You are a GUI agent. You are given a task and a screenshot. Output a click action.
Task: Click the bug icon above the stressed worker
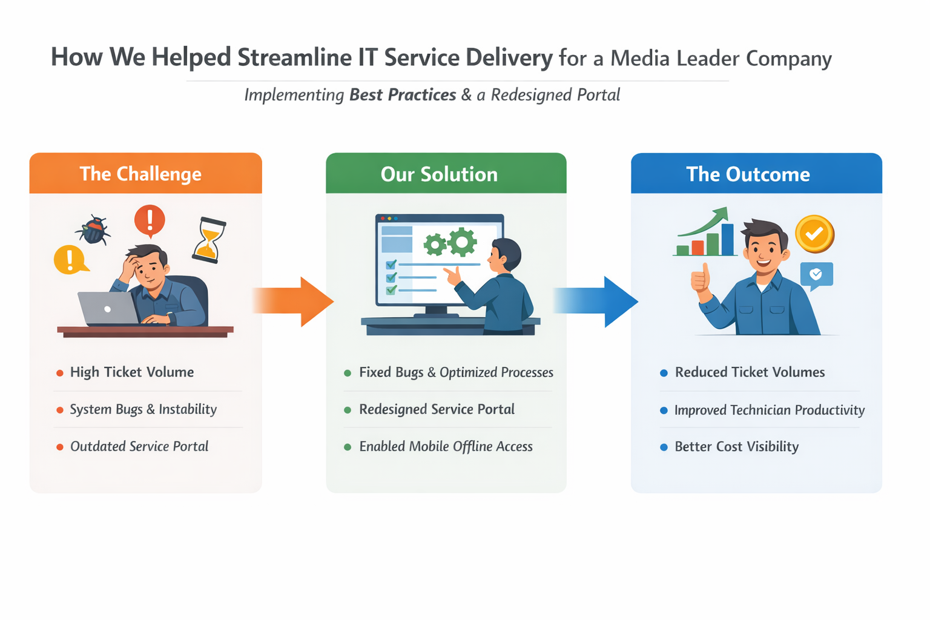(93, 229)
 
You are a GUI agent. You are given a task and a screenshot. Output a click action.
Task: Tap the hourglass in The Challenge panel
(208, 240)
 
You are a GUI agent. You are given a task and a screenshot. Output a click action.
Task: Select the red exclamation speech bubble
(150, 221)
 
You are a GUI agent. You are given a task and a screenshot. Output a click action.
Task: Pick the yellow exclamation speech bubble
(70, 260)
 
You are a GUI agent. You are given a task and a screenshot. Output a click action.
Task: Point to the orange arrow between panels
(293, 302)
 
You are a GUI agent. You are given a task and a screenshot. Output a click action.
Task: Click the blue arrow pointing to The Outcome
(596, 302)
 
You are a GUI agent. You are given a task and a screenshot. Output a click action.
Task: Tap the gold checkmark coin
(814, 234)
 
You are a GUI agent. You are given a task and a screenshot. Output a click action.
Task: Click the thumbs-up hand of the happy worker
(701, 279)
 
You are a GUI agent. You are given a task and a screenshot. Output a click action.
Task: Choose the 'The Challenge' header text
(140, 174)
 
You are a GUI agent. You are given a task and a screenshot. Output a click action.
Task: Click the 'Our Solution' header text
(439, 174)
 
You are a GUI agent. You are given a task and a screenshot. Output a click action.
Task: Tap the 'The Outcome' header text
(748, 174)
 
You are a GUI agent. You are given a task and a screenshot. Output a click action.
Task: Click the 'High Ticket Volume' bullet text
(132, 372)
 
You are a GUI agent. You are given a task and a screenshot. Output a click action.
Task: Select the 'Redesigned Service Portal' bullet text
(437, 409)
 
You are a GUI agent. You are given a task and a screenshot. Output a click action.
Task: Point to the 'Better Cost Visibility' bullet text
(736, 446)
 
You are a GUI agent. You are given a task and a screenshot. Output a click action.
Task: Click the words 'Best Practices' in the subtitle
(403, 95)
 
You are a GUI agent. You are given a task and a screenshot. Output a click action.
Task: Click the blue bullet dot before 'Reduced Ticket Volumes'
(664, 373)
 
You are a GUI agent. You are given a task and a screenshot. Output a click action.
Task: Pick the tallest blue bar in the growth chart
(727, 239)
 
